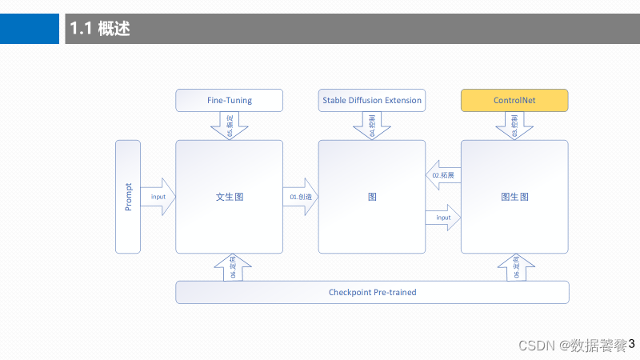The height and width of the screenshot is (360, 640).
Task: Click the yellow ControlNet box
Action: click(514, 100)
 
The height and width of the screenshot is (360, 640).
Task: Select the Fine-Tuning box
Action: click(230, 100)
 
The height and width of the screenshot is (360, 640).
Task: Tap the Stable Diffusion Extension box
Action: click(372, 100)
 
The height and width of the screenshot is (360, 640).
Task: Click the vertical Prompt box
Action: click(128, 197)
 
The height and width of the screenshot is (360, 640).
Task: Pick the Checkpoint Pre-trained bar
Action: click(372, 292)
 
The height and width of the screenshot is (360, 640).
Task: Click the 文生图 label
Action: click(229, 197)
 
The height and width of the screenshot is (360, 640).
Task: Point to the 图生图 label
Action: click(514, 197)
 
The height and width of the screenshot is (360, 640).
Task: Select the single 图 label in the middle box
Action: click(372, 197)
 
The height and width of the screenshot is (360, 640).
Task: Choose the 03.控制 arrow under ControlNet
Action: click(514, 126)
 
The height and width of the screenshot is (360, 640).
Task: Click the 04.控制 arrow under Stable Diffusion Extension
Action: click(372, 126)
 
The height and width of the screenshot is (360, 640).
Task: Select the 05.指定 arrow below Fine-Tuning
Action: click(230, 126)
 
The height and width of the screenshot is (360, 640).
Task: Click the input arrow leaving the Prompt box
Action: click(158, 197)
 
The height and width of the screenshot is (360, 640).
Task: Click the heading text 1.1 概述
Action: click(100, 30)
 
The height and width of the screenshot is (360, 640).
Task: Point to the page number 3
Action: click(631, 344)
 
